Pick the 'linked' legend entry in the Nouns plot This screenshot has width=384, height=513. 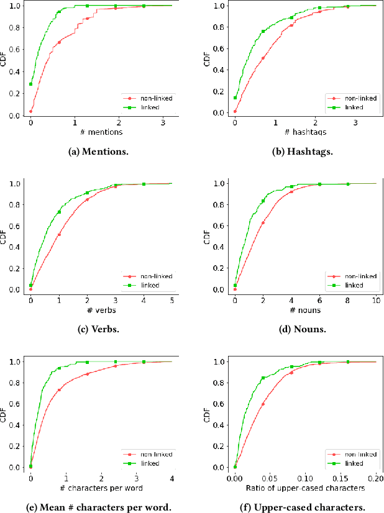click(350, 286)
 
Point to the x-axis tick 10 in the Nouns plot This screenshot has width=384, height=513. click(376, 301)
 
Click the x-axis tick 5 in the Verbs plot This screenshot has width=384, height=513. click(171, 301)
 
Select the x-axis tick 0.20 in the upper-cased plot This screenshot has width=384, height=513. click(376, 478)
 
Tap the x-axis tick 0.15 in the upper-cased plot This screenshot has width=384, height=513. click(341, 478)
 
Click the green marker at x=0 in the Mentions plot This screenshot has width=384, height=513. click(31, 84)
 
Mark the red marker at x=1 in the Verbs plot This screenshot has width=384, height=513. click(59, 235)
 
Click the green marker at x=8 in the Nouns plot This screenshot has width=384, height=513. click(348, 184)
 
